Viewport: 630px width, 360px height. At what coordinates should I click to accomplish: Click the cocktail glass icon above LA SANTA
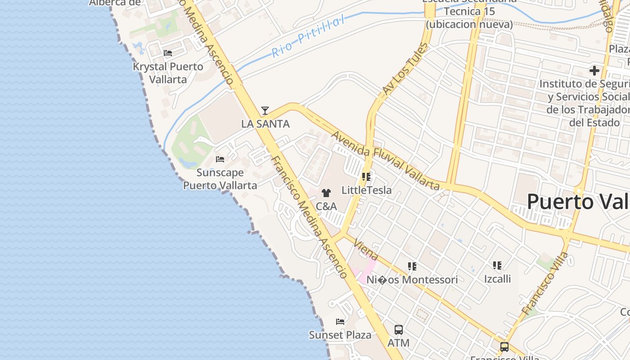point(265,110)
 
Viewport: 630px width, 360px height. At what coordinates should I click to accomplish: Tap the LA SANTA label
point(265,124)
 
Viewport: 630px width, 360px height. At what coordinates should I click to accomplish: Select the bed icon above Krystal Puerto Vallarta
point(168,53)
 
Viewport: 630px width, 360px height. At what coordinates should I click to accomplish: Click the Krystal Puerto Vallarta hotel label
point(168,73)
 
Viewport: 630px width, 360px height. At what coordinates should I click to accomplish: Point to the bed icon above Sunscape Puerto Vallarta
point(220,159)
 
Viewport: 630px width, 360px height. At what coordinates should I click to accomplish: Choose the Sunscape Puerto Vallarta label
point(220,179)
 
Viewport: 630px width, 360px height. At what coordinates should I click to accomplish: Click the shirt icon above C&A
point(326,193)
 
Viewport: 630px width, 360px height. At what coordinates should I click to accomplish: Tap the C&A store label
point(326,207)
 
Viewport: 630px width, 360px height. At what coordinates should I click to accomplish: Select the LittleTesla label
point(366,190)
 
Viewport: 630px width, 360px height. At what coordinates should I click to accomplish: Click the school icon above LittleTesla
point(366,177)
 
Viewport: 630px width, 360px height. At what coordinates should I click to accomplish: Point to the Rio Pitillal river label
point(308,36)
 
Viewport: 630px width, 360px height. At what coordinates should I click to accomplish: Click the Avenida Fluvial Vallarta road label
point(385,160)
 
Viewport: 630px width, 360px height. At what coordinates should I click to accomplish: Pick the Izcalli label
point(497,279)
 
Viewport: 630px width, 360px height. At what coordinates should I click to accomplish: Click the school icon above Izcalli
point(497,265)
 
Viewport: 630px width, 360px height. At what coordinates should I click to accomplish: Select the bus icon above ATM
point(399,329)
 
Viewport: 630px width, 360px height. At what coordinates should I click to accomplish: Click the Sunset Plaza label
point(340,335)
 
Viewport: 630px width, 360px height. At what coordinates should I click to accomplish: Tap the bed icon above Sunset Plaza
point(340,322)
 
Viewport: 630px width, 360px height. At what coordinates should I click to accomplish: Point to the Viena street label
point(366,250)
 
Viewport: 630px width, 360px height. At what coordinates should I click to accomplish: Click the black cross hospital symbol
point(594,71)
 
